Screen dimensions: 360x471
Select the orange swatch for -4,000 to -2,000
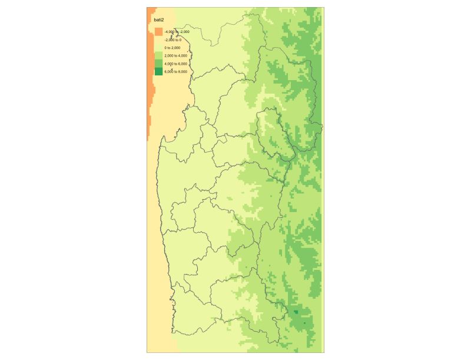158,31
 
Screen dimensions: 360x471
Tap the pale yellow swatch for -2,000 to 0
158,39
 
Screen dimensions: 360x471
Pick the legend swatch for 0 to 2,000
158,47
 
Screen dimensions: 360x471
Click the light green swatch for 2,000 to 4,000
158,55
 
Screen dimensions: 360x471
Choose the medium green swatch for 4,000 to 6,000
158,63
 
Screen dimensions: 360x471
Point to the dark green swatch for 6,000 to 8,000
158,71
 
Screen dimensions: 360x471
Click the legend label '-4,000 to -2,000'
177,32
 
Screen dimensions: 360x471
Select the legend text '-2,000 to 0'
173,39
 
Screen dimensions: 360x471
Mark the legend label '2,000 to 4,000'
176,55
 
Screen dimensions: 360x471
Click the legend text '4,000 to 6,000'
176,64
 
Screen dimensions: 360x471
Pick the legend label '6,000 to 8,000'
176,71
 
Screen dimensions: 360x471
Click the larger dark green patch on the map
296,312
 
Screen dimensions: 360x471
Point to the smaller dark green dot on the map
305,323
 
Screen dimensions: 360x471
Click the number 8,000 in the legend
183,71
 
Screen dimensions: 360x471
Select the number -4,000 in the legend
170,32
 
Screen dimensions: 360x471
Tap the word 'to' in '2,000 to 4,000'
176,55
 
